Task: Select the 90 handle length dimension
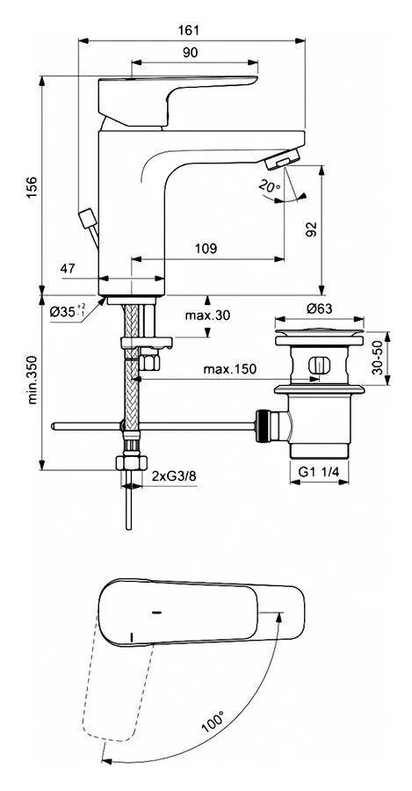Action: click(x=190, y=53)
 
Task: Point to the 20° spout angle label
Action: click(x=270, y=185)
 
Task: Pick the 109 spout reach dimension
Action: click(x=206, y=248)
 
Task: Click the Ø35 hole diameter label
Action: click(x=68, y=311)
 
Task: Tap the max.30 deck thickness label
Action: click(x=207, y=316)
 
